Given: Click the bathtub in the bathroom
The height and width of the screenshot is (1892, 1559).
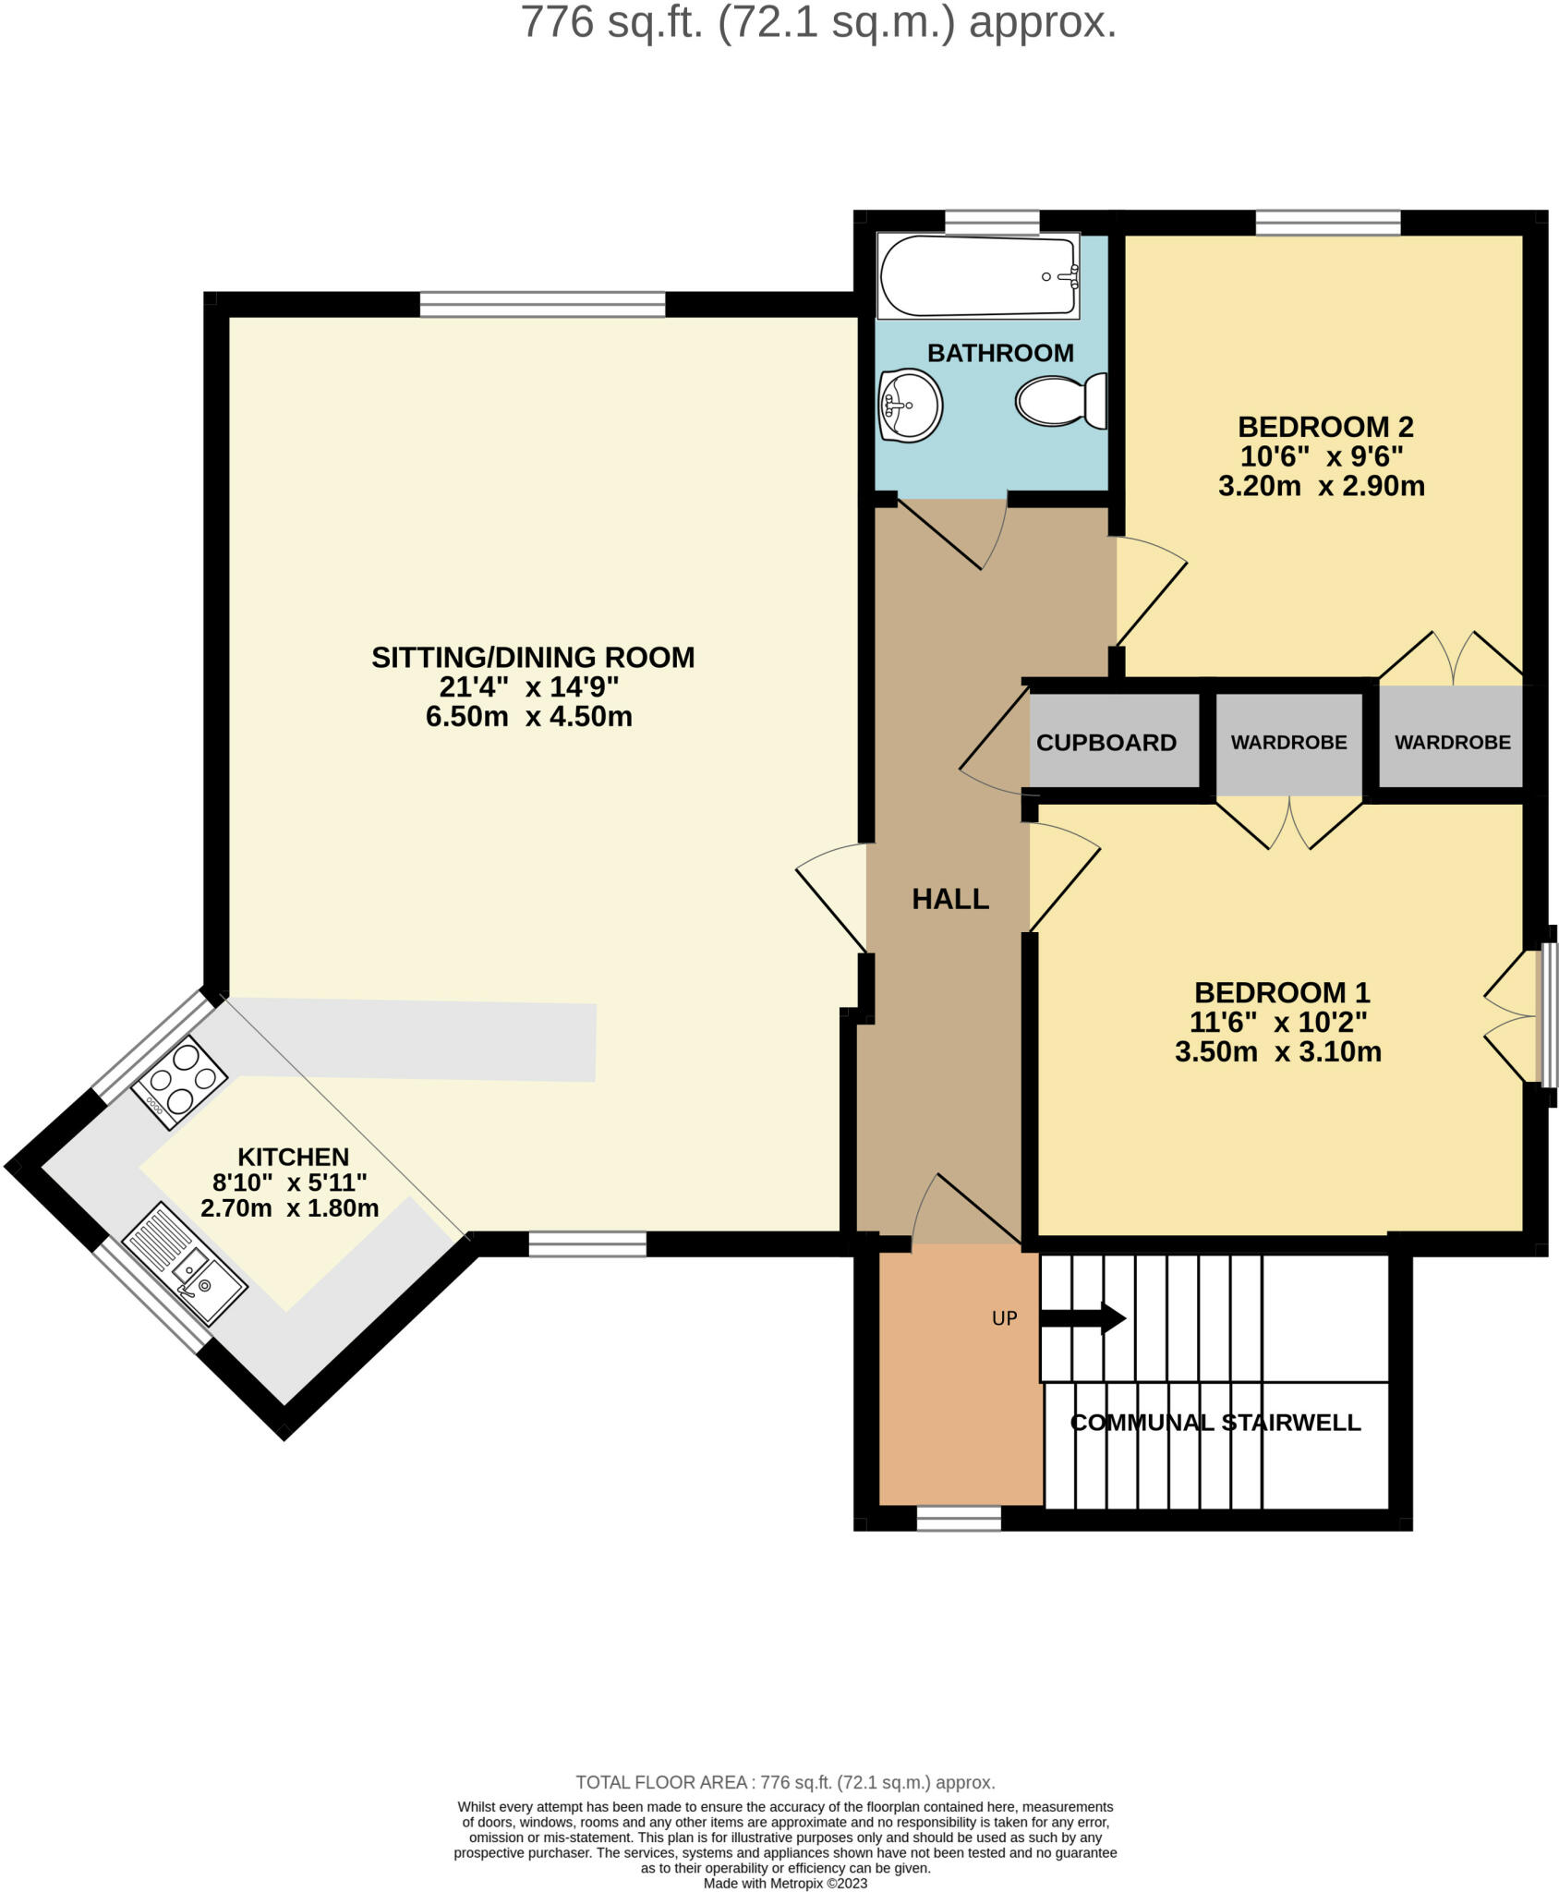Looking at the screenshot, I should [978, 276].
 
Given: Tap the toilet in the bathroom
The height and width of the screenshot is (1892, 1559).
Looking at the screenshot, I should [1061, 401].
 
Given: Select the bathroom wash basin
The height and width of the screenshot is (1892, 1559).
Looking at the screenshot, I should [910, 405].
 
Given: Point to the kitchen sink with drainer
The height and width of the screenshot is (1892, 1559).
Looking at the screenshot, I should [185, 1263].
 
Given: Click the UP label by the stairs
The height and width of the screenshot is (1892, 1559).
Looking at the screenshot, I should [1004, 1318].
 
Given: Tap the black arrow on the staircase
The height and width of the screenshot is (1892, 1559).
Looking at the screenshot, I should [1082, 1317].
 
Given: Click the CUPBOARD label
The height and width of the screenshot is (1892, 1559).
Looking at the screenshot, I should [1106, 743].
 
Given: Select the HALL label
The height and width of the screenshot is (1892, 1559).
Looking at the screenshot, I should [949, 899].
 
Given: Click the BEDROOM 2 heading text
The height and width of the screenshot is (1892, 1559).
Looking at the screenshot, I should [1324, 427].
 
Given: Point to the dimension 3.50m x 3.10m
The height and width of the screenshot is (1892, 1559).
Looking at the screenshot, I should [1277, 1051].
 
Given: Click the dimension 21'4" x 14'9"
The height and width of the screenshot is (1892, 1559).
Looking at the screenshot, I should [528, 686].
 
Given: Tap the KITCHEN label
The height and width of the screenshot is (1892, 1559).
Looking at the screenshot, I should [293, 1157].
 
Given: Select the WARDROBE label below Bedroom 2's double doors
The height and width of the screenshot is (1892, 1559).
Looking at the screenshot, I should [1452, 742].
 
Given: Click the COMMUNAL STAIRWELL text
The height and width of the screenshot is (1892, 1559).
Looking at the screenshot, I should [1215, 1423].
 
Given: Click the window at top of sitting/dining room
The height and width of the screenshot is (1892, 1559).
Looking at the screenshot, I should [542, 304].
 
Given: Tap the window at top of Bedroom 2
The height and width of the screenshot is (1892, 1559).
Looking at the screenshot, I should [1327, 223].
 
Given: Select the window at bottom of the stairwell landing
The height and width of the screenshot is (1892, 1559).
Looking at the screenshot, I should [958, 1519].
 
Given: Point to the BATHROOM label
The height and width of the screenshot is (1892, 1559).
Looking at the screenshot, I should [1000, 353].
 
